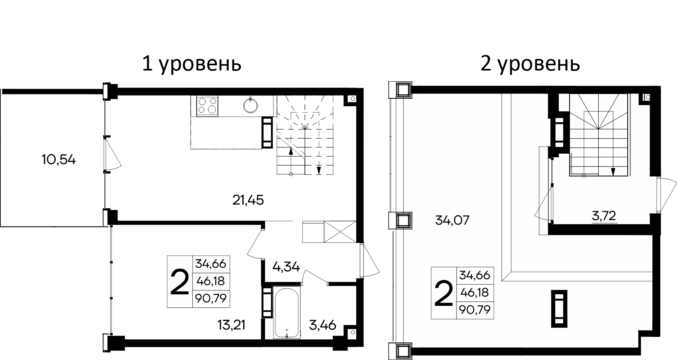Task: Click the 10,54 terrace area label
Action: (59, 160)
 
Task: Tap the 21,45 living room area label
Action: (248, 200)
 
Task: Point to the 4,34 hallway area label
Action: (286, 266)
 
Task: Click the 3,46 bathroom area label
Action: (322, 325)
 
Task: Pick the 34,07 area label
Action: (453, 220)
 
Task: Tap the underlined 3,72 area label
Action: (604, 216)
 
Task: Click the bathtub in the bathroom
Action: (287, 314)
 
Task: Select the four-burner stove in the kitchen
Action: (207, 106)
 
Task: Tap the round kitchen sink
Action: (251, 105)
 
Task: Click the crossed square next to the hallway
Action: (339, 231)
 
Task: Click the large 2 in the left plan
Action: (179, 282)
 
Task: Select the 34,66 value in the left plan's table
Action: (211, 264)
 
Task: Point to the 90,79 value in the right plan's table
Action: (474, 309)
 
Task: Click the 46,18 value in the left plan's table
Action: (211, 281)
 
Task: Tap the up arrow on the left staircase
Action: (291, 152)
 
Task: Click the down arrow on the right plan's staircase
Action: (613, 171)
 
